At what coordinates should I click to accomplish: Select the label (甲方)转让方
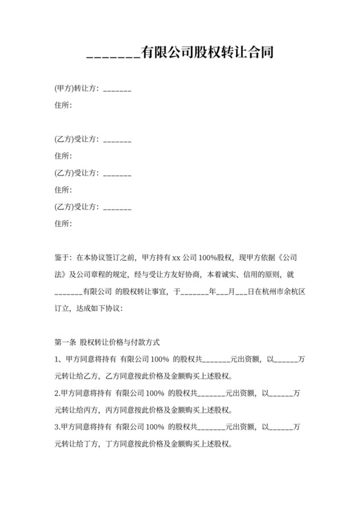click(x=76, y=88)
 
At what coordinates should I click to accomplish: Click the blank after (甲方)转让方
click(x=117, y=90)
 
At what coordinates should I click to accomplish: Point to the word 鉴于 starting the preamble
click(x=63, y=257)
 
